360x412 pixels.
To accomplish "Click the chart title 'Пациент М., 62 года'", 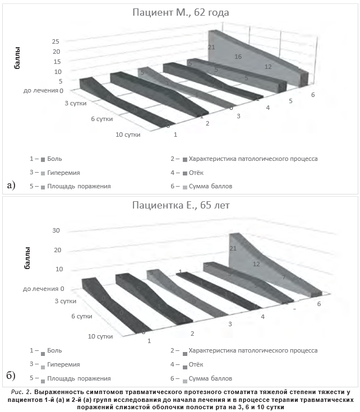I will tap(181, 12).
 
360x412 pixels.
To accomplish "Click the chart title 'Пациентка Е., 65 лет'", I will tap(181, 205).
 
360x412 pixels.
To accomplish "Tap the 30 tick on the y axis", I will tap(56, 230).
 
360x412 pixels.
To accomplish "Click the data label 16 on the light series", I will tap(238, 57).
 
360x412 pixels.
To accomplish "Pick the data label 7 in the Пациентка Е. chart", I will tap(284, 277).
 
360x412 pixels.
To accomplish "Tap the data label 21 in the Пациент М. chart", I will tap(211, 47).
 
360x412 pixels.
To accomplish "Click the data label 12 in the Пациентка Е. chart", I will tap(256, 263).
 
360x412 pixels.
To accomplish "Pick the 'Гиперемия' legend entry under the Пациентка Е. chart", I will tap(63, 364).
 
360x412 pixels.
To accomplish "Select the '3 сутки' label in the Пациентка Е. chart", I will tap(65, 302).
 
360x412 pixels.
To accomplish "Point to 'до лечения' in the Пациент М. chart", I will tap(41, 90).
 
